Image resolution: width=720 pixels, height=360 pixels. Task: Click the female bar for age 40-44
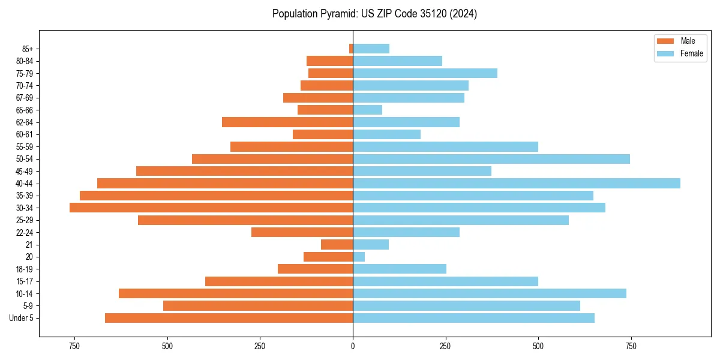(x=516, y=183)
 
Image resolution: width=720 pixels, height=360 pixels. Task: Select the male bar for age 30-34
(x=211, y=208)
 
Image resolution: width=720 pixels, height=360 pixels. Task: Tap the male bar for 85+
(x=351, y=49)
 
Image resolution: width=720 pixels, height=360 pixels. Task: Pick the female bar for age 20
(x=359, y=257)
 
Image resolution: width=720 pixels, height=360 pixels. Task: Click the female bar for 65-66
(x=367, y=110)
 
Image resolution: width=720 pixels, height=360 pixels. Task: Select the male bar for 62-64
(x=287, y=122)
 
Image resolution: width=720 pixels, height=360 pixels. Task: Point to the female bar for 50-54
(x=491, y=159)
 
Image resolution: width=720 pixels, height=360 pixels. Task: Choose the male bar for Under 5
(x=229, y=318)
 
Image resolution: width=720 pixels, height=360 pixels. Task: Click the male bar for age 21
(x=337, y=244)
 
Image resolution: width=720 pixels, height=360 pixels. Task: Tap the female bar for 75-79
(x=425, y=73)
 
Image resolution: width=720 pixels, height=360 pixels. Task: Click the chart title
(x=374, y=14)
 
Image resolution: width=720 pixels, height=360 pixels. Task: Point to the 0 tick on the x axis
(x=353, y=346)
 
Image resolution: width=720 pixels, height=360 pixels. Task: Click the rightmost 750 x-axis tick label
(x=631, y=346)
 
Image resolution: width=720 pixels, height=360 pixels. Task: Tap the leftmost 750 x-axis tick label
(x=74, y=346)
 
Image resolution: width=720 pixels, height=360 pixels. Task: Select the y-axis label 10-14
(x=24, y=293)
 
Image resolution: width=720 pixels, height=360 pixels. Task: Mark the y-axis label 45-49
(x=24, y=171)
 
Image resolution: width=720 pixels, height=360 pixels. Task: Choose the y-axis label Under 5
(x=22, y=318)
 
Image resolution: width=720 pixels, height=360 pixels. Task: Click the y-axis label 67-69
(x=24, y=98)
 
